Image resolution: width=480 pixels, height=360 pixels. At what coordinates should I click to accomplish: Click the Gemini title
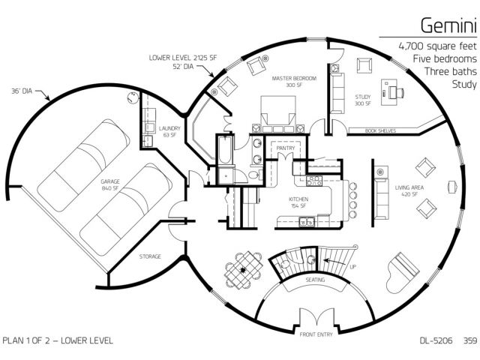(x=448, y=25)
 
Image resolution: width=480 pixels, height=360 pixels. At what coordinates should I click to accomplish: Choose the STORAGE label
(x=150, y=256)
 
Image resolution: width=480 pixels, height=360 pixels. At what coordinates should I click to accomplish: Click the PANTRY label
(x=286, y=148)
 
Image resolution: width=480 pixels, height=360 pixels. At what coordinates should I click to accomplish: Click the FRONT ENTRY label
(x=316, y=334)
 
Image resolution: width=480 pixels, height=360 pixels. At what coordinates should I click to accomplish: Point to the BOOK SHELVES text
(x=380, y=131)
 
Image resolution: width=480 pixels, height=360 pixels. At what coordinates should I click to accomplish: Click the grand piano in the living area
(x=402, y=272)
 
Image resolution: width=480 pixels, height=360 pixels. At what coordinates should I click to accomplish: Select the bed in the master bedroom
(x=278, y=114)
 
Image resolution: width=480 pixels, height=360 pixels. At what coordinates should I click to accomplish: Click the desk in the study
(x=388, y=92)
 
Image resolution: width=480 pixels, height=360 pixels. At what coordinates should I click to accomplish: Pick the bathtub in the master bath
(x=225, y=150)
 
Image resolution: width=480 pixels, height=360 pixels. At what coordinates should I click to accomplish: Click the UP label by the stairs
(x=352, y=267)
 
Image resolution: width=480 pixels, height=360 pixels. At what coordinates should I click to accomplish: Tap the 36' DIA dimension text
(x=22, y=91)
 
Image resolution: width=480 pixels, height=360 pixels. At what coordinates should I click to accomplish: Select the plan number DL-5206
(x=436, y=340)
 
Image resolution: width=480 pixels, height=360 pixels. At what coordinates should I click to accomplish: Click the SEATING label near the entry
(x=315, y=280)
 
